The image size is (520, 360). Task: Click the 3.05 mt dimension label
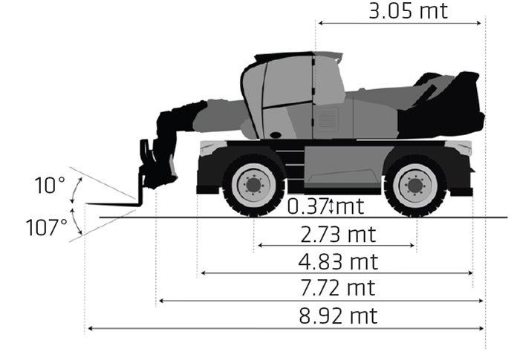408,10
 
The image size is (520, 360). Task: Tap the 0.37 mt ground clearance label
325,206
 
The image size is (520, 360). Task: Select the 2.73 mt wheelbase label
338,235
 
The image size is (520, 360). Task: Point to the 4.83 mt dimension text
338,262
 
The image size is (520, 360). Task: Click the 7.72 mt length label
338,288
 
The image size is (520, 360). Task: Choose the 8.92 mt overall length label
338,316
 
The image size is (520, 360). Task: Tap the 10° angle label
50,186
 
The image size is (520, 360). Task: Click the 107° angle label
46,227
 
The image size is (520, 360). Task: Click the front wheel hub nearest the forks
253,186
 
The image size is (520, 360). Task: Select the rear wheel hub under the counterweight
415,186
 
